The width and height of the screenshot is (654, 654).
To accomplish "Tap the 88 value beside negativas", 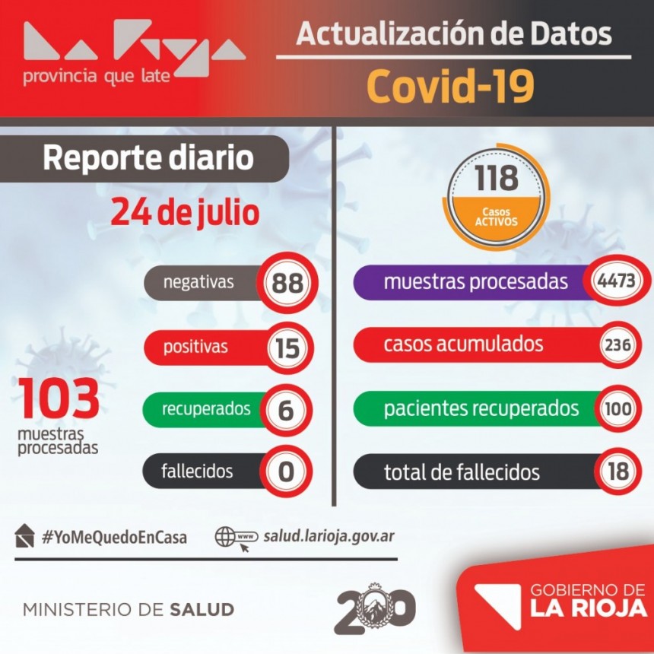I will [287, 283].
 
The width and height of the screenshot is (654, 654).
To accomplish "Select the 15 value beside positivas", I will [287, 348].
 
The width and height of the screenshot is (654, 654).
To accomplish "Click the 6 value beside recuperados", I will [286, 410].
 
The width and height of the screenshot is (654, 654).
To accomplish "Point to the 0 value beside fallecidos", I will [286, 472].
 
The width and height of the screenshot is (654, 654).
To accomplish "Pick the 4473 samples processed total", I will [617, 281].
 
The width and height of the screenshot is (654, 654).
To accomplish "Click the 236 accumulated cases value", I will [617, 344].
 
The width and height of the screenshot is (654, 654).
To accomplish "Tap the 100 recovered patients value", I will [617, 408].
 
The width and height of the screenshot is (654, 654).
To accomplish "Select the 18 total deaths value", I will [618, 471].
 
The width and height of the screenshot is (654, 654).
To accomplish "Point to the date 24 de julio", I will [185, 212].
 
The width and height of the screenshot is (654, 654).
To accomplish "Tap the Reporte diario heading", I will [148, 158].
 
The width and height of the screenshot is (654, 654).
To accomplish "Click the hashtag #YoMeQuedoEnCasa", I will [114, 537].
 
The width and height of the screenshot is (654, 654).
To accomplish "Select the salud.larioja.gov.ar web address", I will [329, 536].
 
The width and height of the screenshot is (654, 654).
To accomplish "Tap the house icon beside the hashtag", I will [24, 536].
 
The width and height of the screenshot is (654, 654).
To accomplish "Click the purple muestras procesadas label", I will [475, 281].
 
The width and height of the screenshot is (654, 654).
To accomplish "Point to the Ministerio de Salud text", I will [129, 610].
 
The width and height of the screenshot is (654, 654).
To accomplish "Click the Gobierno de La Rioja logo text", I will [588, 601].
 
